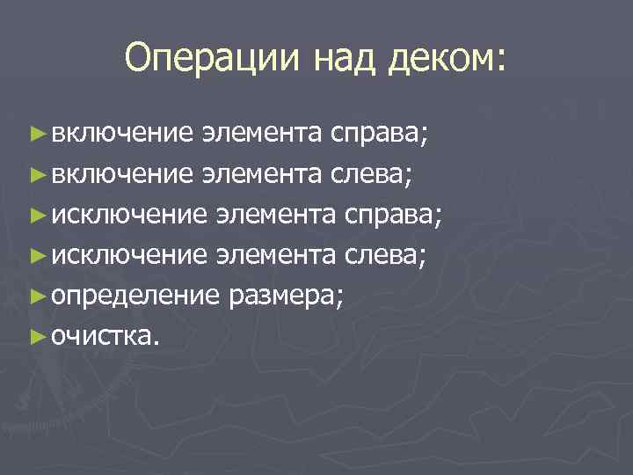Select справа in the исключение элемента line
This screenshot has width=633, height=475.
(x=393, y=215)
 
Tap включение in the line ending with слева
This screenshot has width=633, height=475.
(x=121, y=174)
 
